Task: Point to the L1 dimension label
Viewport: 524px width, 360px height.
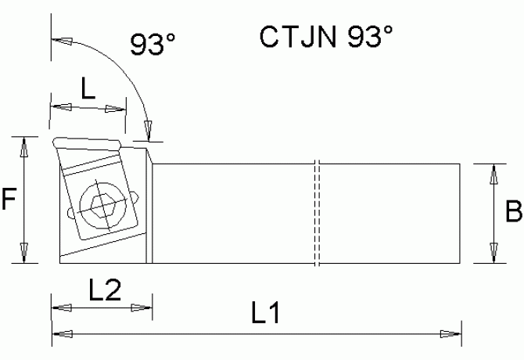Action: pyautogui.click(x=265, y=315)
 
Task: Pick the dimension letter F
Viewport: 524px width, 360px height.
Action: pyautogui.click(x=9, y=201)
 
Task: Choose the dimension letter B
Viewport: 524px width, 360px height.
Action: pyautogui.click(x=512, y=211)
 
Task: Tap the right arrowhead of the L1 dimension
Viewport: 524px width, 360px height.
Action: pyautogui.click(x=451, y=335)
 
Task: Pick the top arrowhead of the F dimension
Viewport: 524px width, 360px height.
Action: pyautogui.click(x=25, y=146)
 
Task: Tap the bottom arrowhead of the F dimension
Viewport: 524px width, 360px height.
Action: pyautogui.click(x=25, y=254)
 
